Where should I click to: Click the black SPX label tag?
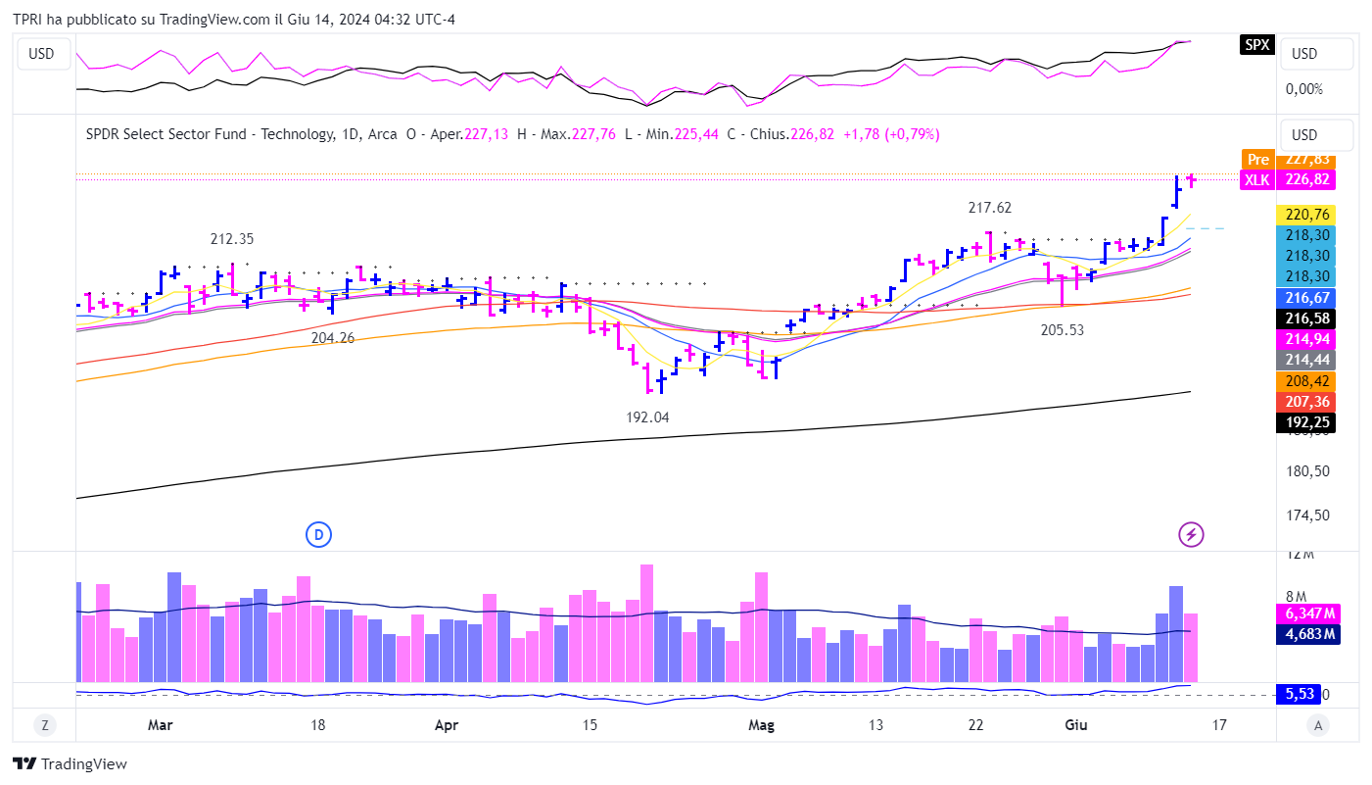[1257, 44]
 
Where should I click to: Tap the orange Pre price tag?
[1257, 159]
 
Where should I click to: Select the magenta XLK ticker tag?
[1257, 179]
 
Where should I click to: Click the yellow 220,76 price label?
[1306, 215]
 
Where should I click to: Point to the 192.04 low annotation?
[647, 417]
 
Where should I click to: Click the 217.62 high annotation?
[989, 208]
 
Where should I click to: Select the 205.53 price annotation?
[1062, 330]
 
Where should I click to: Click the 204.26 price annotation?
[333, 337]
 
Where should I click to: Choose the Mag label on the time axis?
[761, 725]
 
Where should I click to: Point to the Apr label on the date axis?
[446, 725]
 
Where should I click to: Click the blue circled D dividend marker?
[318, 534]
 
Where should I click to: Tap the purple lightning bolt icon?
[1191, 534]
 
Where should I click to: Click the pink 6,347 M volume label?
[1306, 613]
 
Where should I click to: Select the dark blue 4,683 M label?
[1306, 634]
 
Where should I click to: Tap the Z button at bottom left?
[44, 725]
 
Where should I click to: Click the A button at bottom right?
[1318, 725]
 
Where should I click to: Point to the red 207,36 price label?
[1306, 402]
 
